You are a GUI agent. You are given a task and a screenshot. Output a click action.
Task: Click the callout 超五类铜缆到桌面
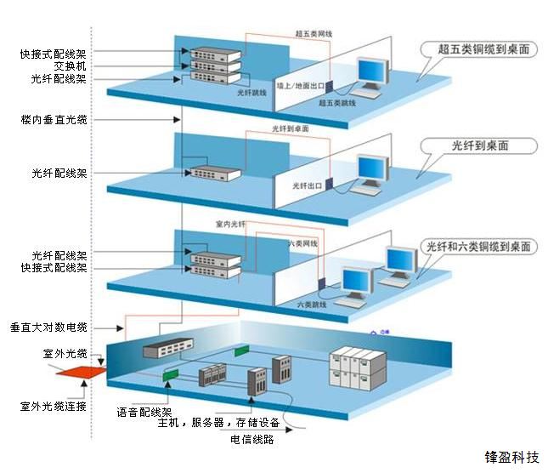[479, 49]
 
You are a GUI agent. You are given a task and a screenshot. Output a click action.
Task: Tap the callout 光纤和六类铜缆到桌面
[479, 247]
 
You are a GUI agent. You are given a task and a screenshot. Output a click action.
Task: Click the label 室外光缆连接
[53, 406]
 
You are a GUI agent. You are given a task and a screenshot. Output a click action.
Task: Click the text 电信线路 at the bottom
[251, 440]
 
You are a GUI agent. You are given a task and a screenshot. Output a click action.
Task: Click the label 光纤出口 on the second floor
[308, 185]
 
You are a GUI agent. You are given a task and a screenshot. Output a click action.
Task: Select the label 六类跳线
[312, 304]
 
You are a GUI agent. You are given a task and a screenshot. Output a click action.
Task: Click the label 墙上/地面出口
[302, 85]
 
